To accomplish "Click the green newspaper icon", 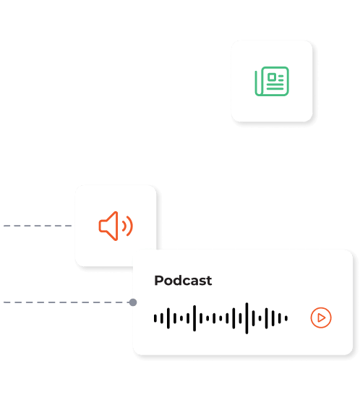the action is click(x=272, y=81).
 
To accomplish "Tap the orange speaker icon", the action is click(x=116, y=226).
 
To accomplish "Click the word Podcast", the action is click(x=183, y=281).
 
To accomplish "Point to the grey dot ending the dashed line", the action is click(x=133, y=302).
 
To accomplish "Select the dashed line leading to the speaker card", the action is click(x=38, y=226).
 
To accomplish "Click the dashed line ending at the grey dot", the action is click(x=67, y=302).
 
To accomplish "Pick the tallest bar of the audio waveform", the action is click(x=247, y=318).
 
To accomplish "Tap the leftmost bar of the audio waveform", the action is click(x=155, y=318).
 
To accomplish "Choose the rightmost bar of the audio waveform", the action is click(x=286, y=318).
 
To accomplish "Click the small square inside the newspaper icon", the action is click(x=272, y=77).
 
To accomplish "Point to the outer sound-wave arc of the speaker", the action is click(x=129, y=226).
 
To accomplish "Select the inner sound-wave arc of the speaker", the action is click(x=124, y=226).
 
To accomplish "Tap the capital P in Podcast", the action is click(x=158, y=281).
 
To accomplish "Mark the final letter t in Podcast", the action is click(x=209, y=281).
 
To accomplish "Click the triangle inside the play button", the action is click(x=321, y=318).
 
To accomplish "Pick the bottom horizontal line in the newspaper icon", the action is click(x=275, y=89).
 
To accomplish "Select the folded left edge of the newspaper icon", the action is click(x=257, y=83).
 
